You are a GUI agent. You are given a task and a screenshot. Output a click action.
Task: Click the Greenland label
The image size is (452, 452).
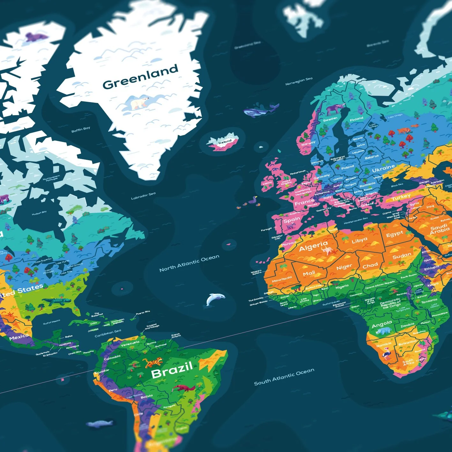140,77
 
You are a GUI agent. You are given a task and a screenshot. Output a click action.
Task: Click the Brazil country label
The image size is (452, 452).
172,370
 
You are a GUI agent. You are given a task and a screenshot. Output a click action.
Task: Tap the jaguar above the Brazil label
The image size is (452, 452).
153,362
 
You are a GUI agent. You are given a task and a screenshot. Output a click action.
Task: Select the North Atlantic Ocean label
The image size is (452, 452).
189,263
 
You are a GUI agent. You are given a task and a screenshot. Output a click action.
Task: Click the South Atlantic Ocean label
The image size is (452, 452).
284,376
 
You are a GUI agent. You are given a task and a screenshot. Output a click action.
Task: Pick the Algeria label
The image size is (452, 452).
313,246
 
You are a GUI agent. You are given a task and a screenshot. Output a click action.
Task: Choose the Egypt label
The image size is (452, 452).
395,234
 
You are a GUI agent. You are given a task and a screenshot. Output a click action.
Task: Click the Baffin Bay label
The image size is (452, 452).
81,130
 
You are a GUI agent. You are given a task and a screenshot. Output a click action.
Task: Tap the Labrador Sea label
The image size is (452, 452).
143,196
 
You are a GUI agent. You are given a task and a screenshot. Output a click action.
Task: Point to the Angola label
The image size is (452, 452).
382,325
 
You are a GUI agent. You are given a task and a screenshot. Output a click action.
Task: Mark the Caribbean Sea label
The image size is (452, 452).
108,333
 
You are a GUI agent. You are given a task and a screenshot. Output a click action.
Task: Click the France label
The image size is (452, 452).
304,202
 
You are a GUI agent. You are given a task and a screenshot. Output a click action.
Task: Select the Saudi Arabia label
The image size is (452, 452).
439,229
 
